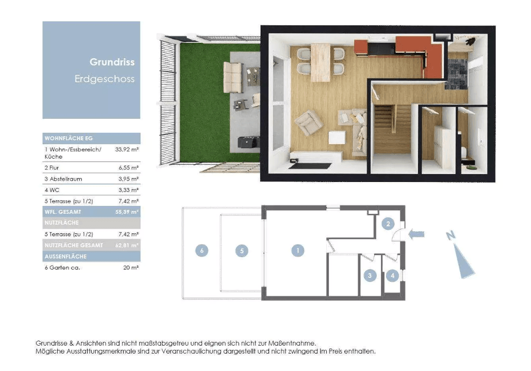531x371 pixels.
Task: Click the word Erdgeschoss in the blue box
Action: (105, 79)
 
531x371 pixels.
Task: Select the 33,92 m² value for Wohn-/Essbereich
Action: (127, 149)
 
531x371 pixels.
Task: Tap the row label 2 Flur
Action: (52, 168)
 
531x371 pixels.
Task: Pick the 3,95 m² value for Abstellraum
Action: (128, 179)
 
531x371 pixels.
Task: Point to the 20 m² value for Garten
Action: (131, 267)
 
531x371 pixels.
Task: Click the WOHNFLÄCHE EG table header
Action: (69, 138)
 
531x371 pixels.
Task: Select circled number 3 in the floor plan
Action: (370, 275)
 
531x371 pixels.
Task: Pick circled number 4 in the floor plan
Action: (393, 275)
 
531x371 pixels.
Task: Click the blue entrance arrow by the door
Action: (416, 234)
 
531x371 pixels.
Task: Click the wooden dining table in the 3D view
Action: (320, 62)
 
